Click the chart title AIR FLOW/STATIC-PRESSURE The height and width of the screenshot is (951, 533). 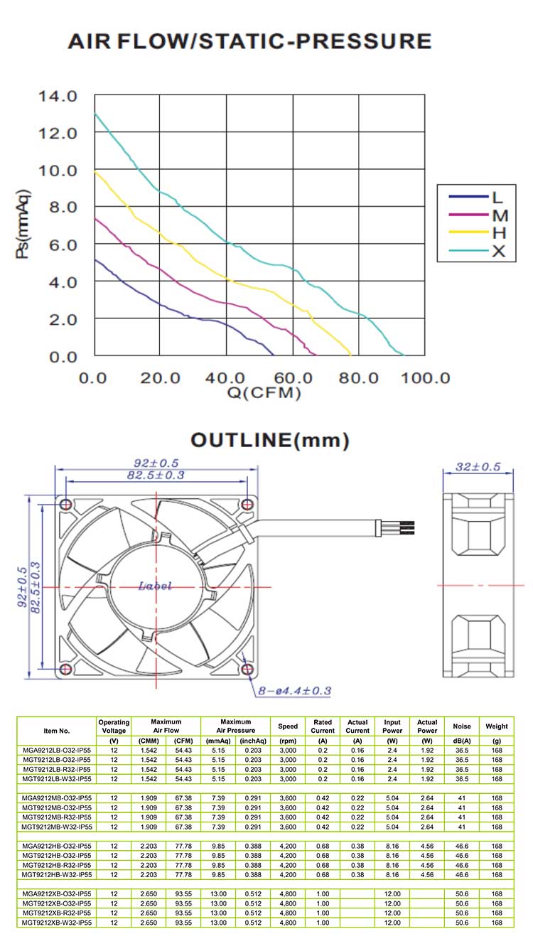(x=249, y=42)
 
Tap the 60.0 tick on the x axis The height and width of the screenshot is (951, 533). (x=293, y=377)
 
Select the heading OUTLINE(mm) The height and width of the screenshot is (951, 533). (x=269, y=441)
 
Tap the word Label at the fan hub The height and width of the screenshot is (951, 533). (x=155, y=586)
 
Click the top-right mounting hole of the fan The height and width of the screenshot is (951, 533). (x=247, y=505)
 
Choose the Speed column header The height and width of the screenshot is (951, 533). (x=288, y=726)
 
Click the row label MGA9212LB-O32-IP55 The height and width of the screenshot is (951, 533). (x=57, y=750)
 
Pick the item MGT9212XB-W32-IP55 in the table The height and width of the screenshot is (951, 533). (x=57, y=922)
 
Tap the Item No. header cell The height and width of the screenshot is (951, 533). (x=57, y=730)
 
